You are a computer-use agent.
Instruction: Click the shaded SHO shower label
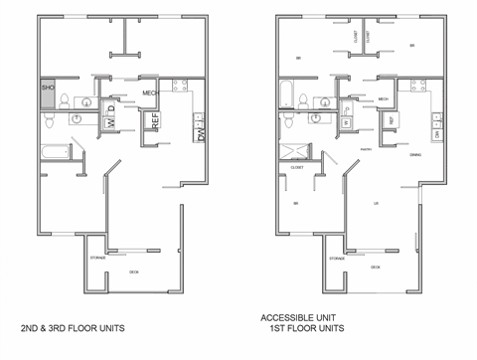pyautogui.click(x=48, y=89)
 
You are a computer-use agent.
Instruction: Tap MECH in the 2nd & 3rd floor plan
pyautogui.click(x=151, y=93)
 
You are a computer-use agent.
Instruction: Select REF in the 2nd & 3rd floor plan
pyautogui.click(x=155, y=121)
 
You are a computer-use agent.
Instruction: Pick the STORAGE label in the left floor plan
pyautogui.click(x=97, y=258)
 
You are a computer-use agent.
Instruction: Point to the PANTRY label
pyautogui.click(x=366, y=151)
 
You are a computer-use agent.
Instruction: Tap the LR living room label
pyautogui.click(x=375, y=204)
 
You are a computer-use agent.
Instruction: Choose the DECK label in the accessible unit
pyautogui.click(x=375, y=267)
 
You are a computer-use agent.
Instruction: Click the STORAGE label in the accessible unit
pyautogui.click(x=336, y=258)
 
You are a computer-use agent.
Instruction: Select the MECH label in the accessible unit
pyautogui.click(x=383, y=99)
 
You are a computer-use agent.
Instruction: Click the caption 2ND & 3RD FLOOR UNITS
pyautogui.click(x=73, y=326)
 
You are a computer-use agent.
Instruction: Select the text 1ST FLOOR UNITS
pyautogui.click(x=300, y=329)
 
